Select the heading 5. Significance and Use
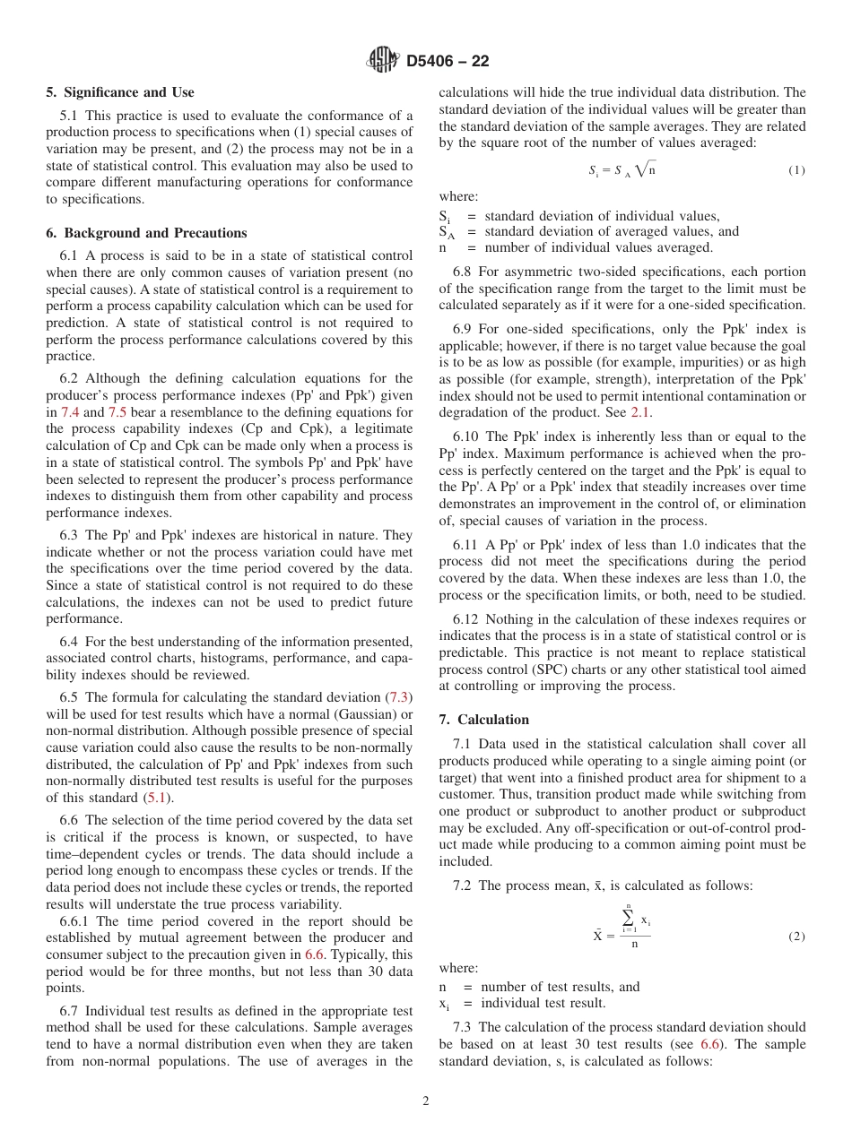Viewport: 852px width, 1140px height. [x=120, y=92]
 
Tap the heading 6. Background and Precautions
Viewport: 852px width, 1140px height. [x=146, y=233]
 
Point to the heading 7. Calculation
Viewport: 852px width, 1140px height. [x=483, y=720]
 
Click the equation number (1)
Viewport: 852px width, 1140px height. [x=796, y=170]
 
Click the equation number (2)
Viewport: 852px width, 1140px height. [x=796, y=937]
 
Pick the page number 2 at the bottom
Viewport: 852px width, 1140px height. [x=426, y=1101]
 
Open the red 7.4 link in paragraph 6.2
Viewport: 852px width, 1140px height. [x=70, y=412]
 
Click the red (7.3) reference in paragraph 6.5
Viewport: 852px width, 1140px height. [x=398, y=697]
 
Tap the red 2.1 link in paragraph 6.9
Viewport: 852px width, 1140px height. [x=640, y=412]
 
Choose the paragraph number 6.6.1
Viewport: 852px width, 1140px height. [x=75, y=921]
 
